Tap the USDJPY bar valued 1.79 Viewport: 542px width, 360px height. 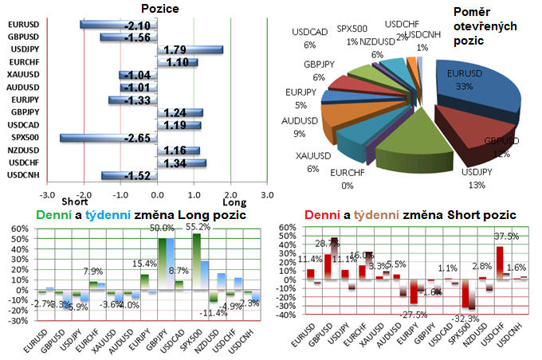tap(190, 49)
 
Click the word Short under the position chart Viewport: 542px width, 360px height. tap(84, 203)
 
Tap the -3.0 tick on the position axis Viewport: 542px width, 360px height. tap(49, 194)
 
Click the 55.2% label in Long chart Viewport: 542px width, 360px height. tap(199, 227)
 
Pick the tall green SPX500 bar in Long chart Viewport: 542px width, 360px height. tap(196, 263)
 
